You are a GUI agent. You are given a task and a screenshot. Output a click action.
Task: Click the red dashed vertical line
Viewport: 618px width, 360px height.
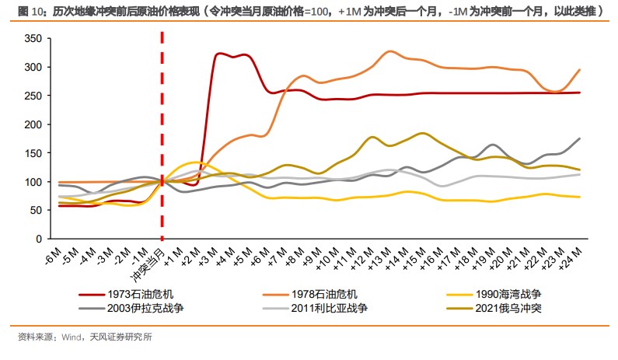point(162,140)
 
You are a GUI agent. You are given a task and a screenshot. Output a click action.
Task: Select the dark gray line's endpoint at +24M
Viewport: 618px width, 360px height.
point(580,138)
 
